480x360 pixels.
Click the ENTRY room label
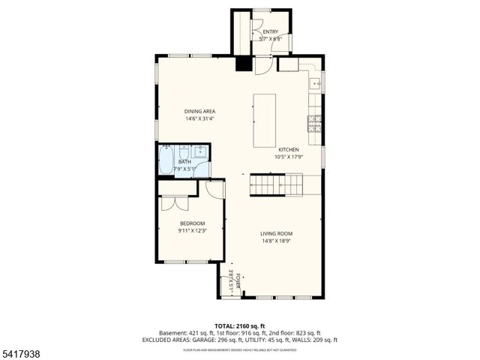pos(270,31)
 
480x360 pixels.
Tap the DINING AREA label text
pos(200,111)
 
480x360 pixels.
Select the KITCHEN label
pos(289,148)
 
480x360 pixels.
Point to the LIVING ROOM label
pos(276,233)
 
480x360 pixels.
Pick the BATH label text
pos(184,161)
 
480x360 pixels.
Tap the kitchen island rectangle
pos(264,120)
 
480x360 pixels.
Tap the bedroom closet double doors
pos(169,202)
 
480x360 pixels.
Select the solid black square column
pos(243,64)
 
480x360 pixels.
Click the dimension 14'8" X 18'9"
pos(276,241)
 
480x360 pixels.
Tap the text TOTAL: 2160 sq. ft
pos(240,325)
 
